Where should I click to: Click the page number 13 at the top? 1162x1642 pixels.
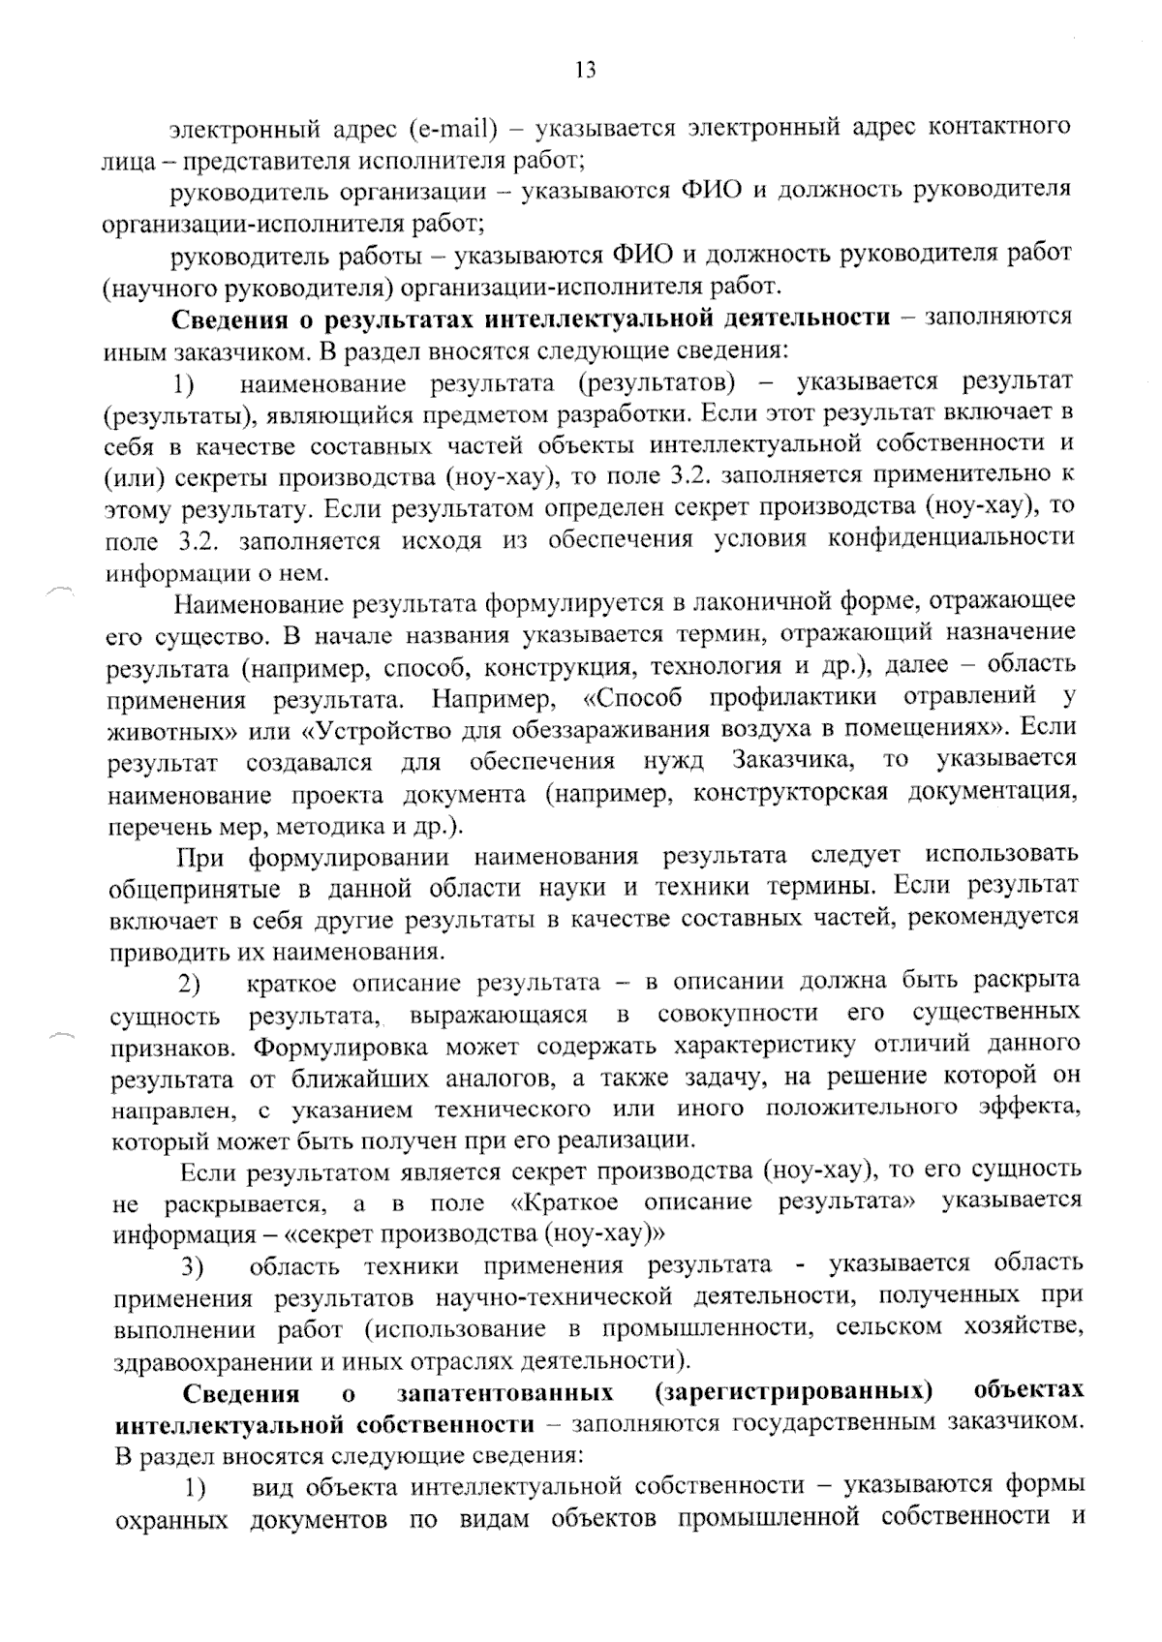coord(585,70)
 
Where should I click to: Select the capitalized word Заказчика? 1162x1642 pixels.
coord(794,760)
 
